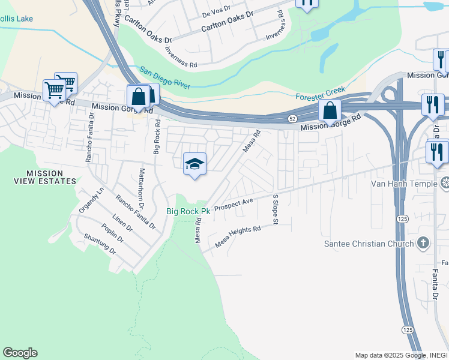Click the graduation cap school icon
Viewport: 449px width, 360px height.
coord(194,164)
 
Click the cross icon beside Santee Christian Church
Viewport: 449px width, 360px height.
coord(424,243)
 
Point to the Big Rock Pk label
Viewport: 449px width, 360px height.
coord(188,212)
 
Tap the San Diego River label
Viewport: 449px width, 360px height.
coord(165,79)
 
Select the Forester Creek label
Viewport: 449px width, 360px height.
coord(321,94)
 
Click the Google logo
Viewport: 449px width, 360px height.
coord(20,353)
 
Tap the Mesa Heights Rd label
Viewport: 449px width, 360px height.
coord(238,236)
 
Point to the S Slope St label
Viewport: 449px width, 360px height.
coord(276,209)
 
